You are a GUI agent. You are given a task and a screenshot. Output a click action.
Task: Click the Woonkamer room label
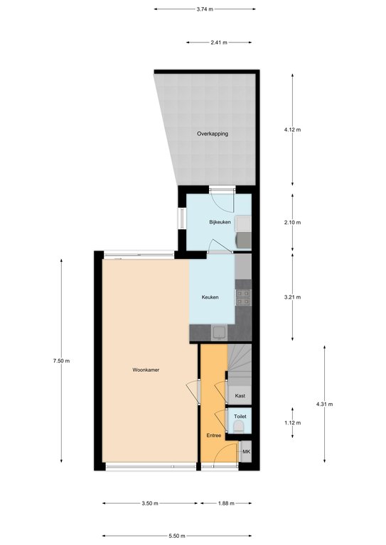[x=146, y=370]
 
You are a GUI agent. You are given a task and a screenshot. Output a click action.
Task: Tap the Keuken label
[x=210, y=297]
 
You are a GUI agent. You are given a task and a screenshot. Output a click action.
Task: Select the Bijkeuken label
[x=220, y=222]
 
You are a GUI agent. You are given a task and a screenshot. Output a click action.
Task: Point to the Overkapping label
[x=213, y=133]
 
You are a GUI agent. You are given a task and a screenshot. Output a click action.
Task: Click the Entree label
[x=214, y=436]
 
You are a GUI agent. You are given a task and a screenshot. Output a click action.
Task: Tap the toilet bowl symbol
[x=239, y=426]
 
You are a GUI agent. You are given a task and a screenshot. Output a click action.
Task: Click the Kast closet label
[x=240, y=395]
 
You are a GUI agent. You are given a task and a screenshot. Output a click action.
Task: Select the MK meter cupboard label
[x=247, y=452]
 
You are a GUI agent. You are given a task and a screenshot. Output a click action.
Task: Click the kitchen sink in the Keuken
[x=219, y=333]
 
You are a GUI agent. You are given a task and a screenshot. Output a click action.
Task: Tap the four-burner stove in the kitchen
[x=243, y=297]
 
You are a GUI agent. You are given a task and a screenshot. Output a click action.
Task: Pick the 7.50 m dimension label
[x=61, y=360]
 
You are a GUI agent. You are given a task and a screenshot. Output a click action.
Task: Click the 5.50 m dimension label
[x=176, y=536]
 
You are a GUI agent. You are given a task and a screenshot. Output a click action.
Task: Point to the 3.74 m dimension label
[x=205, y=9]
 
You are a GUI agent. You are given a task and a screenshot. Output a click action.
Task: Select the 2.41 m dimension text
[x=219, y=43]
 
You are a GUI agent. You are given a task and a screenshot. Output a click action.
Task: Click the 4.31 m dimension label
[x=324, y=404]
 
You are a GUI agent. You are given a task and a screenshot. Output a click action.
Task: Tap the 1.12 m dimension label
[x=292, y=423]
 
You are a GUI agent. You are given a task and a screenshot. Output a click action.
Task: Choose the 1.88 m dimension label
[x=226, y=503]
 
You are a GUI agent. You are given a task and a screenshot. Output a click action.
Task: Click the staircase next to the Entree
[x=240, y=364]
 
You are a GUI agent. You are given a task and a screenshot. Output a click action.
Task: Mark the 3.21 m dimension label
[x=292, y=297]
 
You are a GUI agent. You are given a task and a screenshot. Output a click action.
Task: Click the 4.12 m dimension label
[x=292, y=130]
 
